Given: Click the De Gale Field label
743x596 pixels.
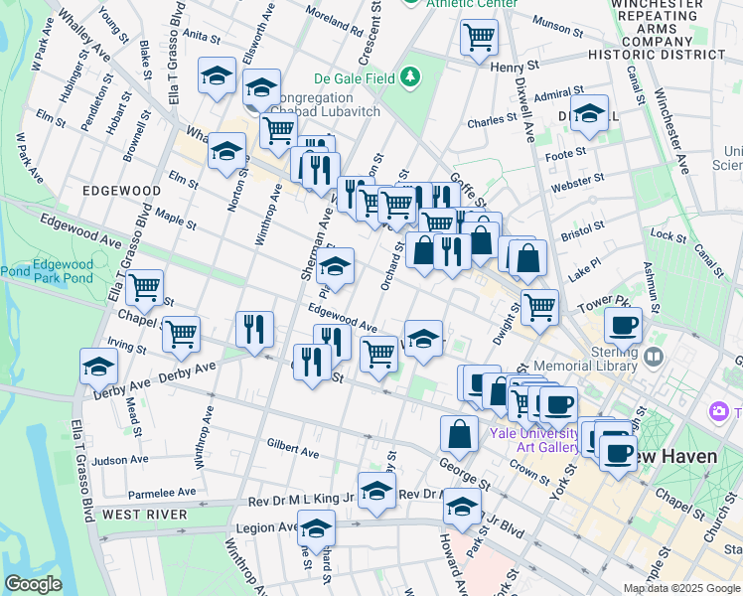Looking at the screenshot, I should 354,77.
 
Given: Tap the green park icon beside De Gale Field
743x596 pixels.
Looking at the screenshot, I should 409,77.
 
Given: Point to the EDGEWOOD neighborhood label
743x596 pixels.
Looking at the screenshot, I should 122,190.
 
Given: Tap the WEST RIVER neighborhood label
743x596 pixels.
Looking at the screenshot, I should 144,515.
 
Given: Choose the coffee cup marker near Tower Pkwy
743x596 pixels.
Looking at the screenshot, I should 623,325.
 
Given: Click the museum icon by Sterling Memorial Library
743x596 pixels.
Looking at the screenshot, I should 654,355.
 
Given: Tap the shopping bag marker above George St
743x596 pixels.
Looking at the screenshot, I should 460,433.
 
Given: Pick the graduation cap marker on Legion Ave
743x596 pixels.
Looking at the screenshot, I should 317,527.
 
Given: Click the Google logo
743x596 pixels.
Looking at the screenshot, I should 34,584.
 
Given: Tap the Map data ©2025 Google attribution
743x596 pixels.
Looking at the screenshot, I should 680,588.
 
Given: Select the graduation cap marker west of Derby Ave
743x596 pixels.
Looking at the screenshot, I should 99,367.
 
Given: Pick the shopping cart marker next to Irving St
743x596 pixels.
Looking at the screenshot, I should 181,336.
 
